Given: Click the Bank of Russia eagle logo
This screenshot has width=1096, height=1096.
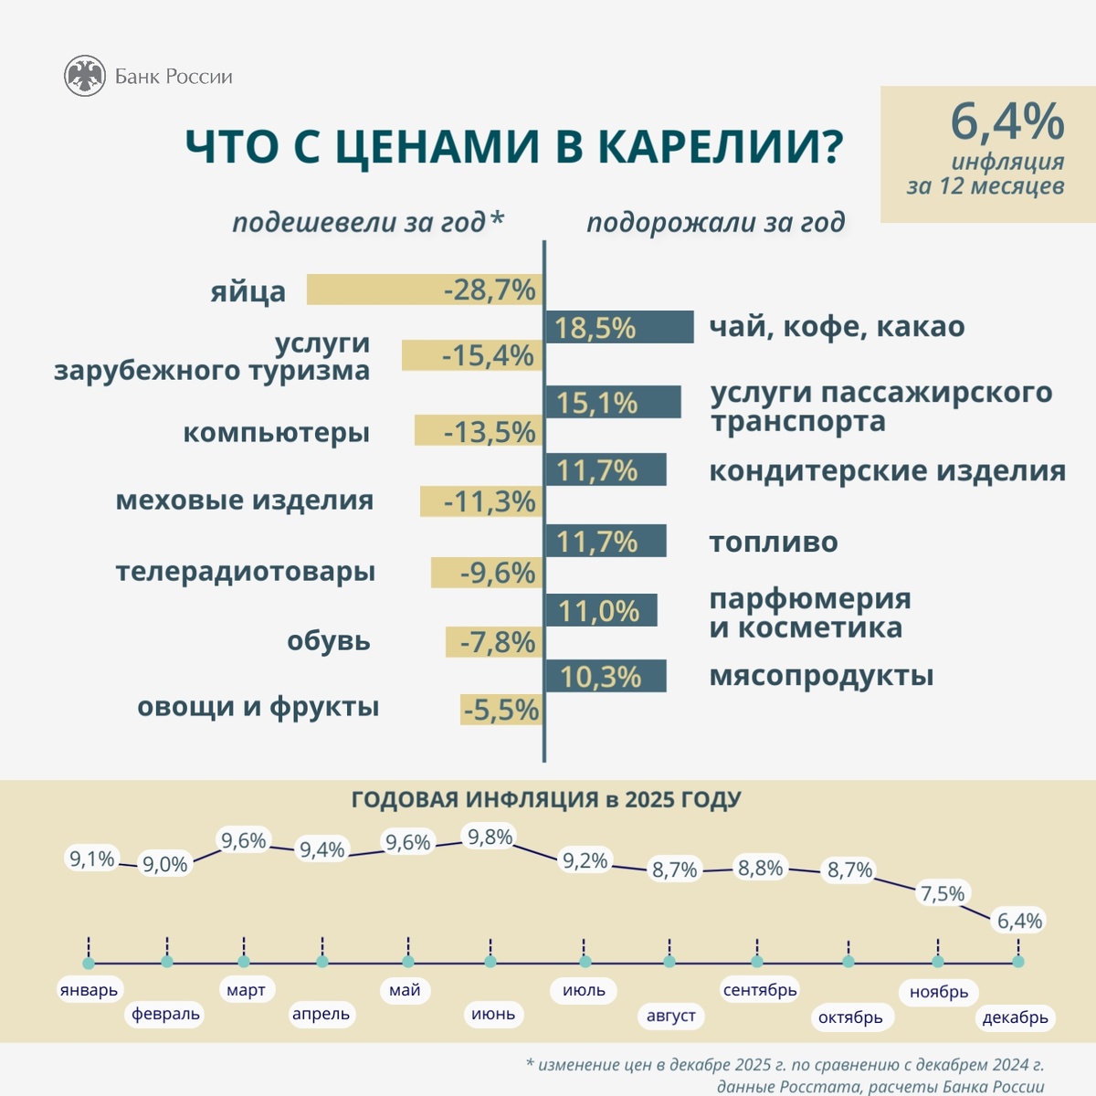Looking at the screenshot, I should tap(85, 77).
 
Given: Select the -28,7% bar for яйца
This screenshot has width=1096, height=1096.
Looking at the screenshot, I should tap(425, 290).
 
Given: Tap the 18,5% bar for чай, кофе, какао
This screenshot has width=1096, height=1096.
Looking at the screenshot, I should tap(619, 327).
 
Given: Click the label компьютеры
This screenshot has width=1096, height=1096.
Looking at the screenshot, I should tap(276, 432).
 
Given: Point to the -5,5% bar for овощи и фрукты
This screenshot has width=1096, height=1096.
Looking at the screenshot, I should tap(501, 710).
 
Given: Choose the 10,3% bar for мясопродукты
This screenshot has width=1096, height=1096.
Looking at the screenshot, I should tap(605, 677).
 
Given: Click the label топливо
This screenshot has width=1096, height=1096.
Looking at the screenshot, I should tap(774, 542).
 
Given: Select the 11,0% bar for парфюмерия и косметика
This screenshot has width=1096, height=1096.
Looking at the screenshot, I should tap(600, 610).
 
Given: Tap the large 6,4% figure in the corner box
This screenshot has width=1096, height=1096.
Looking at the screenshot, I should tap(1006, 121).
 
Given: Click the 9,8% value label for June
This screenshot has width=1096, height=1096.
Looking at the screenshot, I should tap(490, 837).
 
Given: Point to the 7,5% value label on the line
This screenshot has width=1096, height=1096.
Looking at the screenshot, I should tap(942, 893).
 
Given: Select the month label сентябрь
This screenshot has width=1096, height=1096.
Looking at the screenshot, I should tap(760, 990).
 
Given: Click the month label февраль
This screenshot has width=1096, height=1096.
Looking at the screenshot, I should tap(165, 1014).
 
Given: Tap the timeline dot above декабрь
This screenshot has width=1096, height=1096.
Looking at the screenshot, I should tap(1018, 962).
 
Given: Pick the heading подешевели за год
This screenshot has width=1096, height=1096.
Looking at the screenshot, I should tap(367, 222).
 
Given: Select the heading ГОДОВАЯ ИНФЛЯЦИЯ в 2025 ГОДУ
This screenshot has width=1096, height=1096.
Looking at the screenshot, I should tap(546, 800).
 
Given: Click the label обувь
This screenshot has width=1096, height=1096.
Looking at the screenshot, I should tap(328, 640).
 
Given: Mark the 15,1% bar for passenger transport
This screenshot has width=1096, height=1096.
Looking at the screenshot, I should tap(613, 402).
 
